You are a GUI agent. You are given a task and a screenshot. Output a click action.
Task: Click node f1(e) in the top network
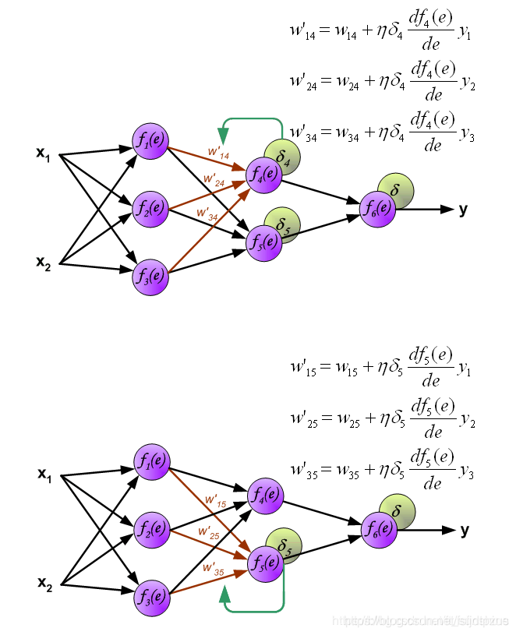pos(150,142)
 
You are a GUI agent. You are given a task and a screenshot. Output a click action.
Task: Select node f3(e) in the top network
pos(150,276)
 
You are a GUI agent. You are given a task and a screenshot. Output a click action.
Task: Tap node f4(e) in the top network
pos(264,174)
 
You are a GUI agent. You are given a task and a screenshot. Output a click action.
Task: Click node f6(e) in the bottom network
pos(379,530)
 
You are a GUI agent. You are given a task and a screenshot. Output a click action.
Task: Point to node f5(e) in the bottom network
pos(265,563)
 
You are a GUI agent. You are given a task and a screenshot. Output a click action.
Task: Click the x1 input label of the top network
pos(43,153)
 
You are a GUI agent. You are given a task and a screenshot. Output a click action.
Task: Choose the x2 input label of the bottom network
pos(44,583)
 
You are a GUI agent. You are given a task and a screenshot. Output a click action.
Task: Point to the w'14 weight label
pos(217,152)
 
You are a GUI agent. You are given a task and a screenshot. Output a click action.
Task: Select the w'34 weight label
pos(208,213)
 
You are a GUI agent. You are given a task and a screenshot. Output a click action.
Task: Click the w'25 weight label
pos(209,534)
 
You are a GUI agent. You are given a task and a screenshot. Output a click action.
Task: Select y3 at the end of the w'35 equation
pos(466,472)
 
